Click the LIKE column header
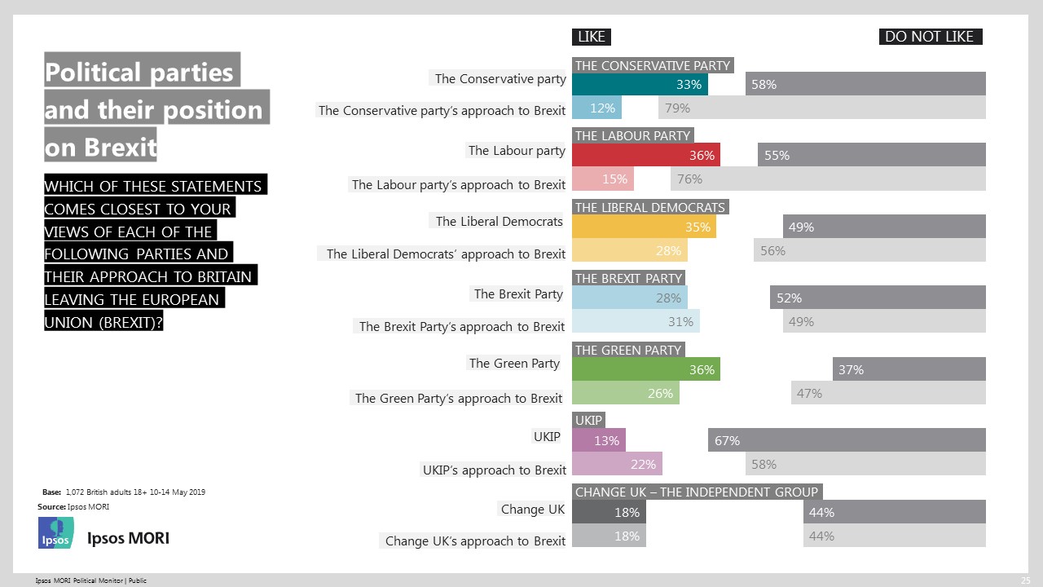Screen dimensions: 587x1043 click(592, 37)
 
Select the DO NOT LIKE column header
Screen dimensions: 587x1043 click(929, 37)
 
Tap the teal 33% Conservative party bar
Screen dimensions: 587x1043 click(640, 85)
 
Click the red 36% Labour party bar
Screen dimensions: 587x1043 click(646, 156)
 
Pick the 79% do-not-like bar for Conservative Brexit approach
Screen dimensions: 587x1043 click(821, 108)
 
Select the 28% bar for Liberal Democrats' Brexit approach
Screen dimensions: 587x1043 click(630, 250)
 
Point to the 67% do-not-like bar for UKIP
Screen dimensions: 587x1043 click(847, 440)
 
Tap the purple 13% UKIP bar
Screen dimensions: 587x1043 click(599, 440)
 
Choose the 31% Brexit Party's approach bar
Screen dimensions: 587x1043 click(636, 321)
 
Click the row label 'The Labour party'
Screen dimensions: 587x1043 click(517, 150)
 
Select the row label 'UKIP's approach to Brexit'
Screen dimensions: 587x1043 click(494, 470)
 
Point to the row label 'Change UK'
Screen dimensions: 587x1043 click(532, 510)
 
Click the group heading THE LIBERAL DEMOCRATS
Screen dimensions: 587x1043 click(650, 207)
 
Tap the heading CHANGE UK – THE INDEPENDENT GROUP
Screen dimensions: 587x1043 click(696, 492)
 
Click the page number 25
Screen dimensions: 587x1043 click(1025, 580)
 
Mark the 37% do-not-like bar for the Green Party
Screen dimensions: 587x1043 click(909, 370)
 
